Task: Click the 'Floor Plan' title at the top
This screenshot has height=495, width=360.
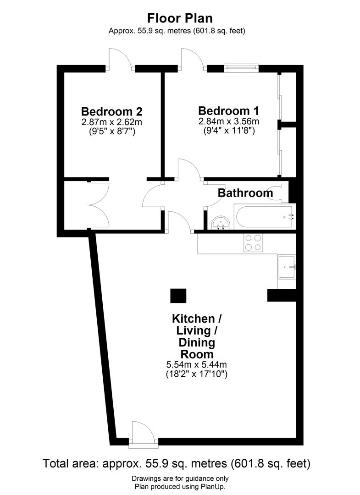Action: click(180, 18)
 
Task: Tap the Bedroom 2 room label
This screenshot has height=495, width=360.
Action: click(111, 111)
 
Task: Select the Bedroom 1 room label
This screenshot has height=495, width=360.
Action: click(228, 111)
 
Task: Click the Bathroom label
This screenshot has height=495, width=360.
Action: click(245, 193)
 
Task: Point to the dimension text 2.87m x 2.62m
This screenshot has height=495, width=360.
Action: click(111, 122)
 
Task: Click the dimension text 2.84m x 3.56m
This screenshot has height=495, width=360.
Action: click(228, 121)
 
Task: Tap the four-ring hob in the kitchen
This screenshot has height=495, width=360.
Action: click(253, 242)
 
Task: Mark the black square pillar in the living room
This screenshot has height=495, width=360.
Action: click(178, 296)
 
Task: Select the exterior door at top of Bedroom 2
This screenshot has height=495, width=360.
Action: click(120, 59)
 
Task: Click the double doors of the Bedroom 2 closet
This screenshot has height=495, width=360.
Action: click(98, 204)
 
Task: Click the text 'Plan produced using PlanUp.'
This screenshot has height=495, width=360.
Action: click(180, 487)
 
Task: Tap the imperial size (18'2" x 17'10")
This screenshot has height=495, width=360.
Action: click(197, 374)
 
